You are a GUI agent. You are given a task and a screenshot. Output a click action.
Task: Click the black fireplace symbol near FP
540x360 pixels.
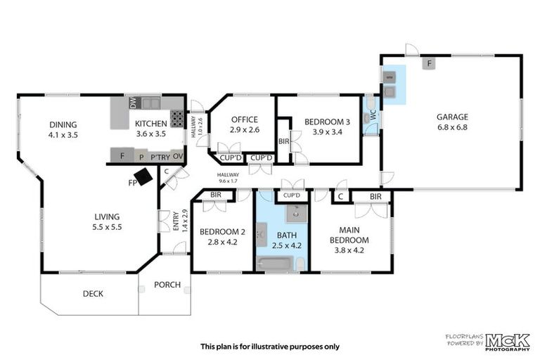[144, 177]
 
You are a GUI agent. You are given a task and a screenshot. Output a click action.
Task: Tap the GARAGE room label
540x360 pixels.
[451, 117]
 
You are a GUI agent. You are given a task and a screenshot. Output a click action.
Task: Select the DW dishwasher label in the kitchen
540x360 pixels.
[134, 103]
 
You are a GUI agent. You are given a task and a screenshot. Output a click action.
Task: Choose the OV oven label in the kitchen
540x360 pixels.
[178, 155]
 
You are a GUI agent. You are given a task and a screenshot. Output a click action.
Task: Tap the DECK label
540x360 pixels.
[93, 293]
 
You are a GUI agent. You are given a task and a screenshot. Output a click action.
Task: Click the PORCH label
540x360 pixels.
[167, 285]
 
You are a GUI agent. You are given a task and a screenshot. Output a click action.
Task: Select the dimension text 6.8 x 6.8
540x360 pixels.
[451, 127]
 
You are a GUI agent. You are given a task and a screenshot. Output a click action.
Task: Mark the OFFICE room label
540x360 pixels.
[245, 120]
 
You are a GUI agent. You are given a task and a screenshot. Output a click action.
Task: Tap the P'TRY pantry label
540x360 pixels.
[157, 155]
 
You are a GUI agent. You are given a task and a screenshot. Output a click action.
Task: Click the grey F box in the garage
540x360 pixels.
[427, 63]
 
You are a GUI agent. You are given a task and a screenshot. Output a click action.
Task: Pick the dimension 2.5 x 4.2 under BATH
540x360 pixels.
[286, 245]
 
